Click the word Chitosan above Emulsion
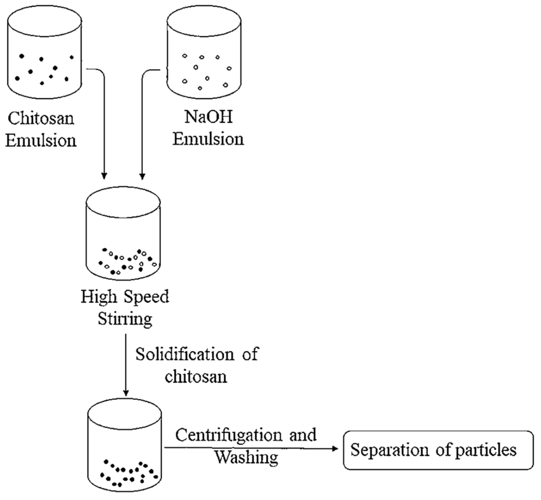point(41,119)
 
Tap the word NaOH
point(208,117)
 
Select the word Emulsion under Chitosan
point(41,141)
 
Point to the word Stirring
point(125,319)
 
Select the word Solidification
point(185,354)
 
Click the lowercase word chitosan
point(196,377)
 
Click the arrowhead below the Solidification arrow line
point(126,393)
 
